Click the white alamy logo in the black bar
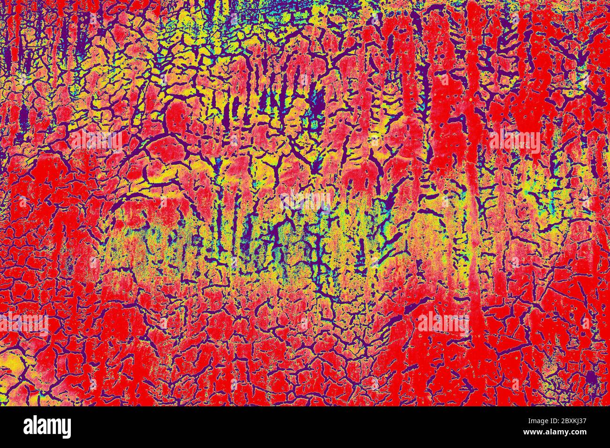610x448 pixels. [x=47, y=427]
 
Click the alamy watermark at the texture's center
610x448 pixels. [x=305, y=202]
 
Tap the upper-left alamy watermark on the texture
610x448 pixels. [x=96, y=141]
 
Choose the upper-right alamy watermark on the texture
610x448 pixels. [x=514, y=141]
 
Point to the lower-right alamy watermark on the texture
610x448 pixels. [x=442, y=323]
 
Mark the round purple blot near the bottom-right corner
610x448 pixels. [x=592, y=377]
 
